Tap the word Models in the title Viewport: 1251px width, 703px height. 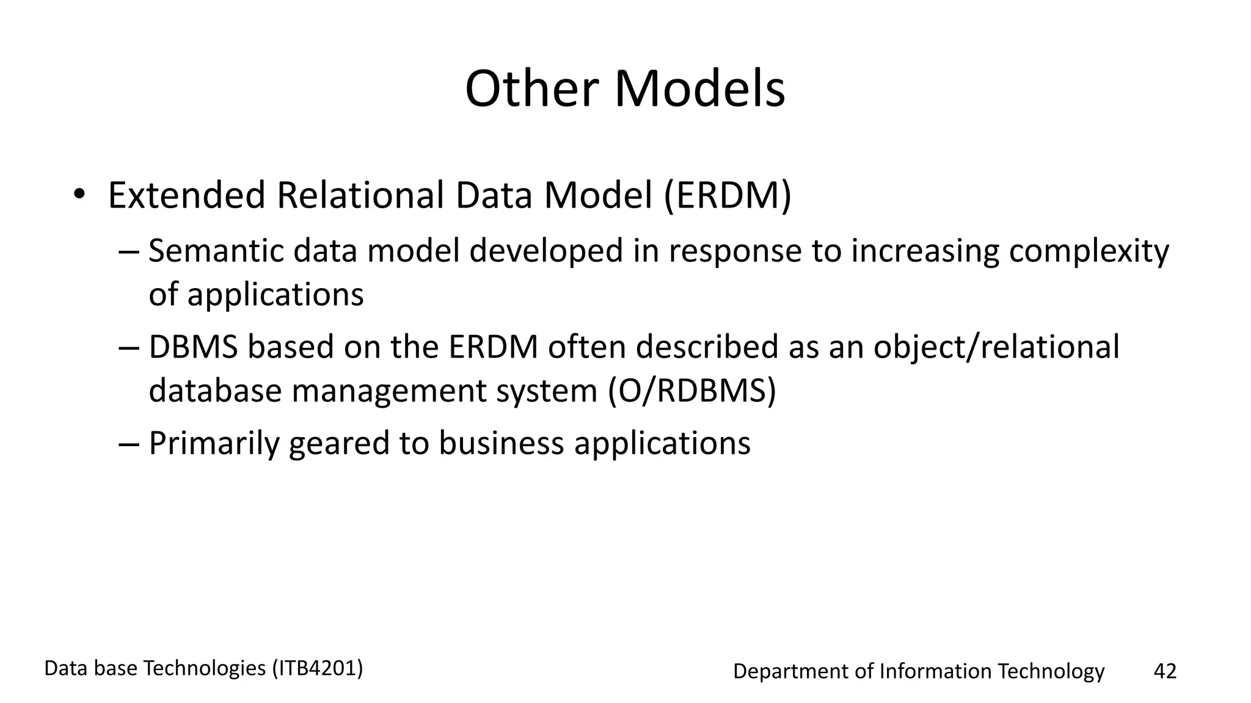tap(699, 89)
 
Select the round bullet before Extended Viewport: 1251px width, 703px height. tap(79, 195)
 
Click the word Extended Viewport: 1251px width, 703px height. tap(187, 196)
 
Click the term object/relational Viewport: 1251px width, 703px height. tap(996, 348)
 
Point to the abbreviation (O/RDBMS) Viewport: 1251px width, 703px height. tap(691, 391)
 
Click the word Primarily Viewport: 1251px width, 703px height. tap(214, 444)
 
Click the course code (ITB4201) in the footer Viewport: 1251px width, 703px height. tap(317, 669)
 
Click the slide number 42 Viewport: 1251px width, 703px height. tap(1164, 671)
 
